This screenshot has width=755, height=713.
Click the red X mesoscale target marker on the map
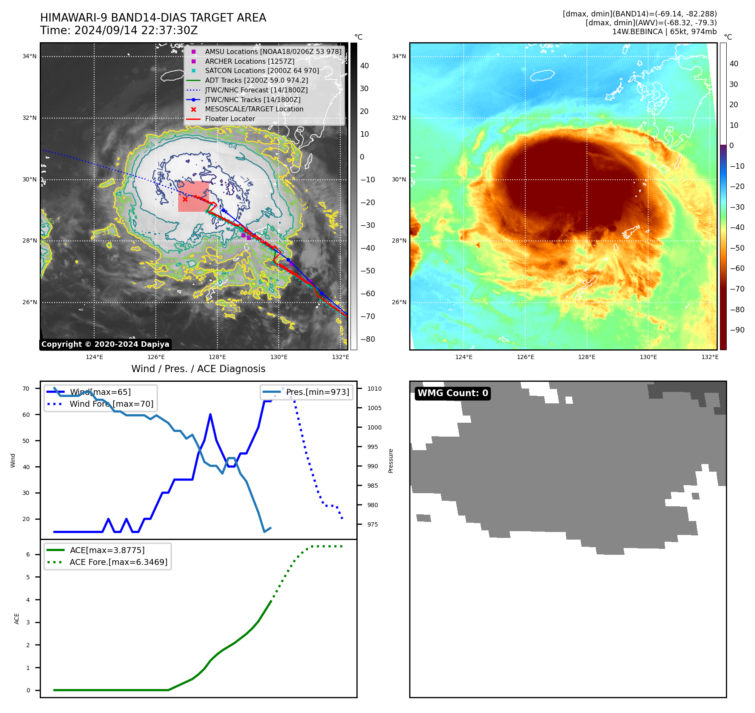pyautogui.click(x=185, y=199)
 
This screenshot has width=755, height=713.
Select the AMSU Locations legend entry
pyautogui.click(x=273, y=51)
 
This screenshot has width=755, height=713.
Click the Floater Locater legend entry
pyautogui.click(x=230, y=119)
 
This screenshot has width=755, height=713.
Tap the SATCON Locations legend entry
pyautogui.click(x=262, y=71)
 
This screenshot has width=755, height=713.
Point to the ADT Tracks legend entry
pyautogui.click(x=256, y=80)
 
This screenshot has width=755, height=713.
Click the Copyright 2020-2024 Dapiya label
pyautogui.click(x=105, y=344)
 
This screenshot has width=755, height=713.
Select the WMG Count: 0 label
pyautogui.click(x=453, y=393)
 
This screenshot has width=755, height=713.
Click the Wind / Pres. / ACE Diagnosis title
pyautogui.click(x=198, y=369)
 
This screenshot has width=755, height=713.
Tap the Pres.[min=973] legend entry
pyautogui.click(x=318, y=392)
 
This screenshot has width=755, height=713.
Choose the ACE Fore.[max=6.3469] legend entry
pyautogui.click(x=118, y=562)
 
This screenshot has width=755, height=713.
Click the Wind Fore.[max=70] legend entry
pyautogui.click(x=111, y=404)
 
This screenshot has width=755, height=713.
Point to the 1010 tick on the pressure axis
pyautogui.click(x=374, y=389)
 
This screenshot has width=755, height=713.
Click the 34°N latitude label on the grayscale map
pyautogui.click(x=30, y=56)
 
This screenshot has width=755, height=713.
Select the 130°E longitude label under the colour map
pyautogui.click(x=648, y=357)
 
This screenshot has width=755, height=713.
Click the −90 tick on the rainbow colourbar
pyautogui.click(x=737, y=330)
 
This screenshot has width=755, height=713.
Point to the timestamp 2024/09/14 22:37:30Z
pyautogui.click(x=136, y=31)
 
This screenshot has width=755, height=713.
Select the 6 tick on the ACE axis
pyautogui.click(x=28, y=554)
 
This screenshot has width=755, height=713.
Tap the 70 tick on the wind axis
pyautogui.click(x=26, y=389)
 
